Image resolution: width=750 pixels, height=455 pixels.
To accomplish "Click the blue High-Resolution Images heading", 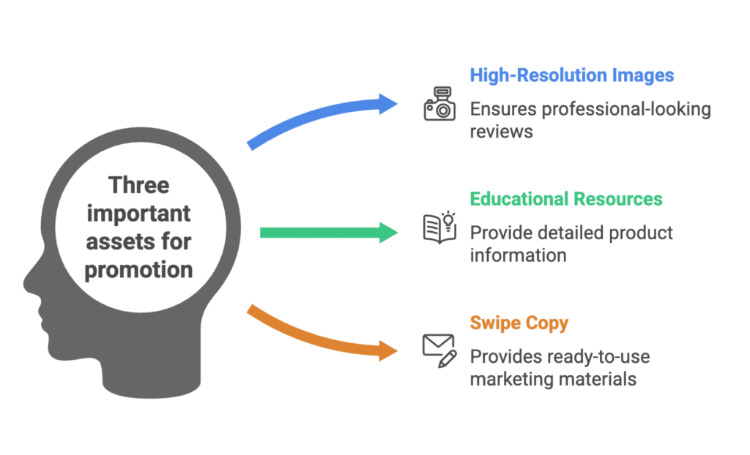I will [571, 75].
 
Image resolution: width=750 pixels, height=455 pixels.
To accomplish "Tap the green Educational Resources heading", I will [565, 199].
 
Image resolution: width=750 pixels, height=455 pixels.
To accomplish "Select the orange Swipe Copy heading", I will [519, 323].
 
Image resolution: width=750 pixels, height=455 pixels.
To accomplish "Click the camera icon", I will [439, 104].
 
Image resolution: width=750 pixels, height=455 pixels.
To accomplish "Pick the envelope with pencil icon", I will [439, 349].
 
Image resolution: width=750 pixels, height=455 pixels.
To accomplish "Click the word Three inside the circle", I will [138, 185].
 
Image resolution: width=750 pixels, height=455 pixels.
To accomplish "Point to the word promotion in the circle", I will [138, 269].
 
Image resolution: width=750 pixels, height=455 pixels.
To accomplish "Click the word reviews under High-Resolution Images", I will [501, 132].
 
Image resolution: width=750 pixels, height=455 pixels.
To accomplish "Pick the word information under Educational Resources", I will [517, 255].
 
